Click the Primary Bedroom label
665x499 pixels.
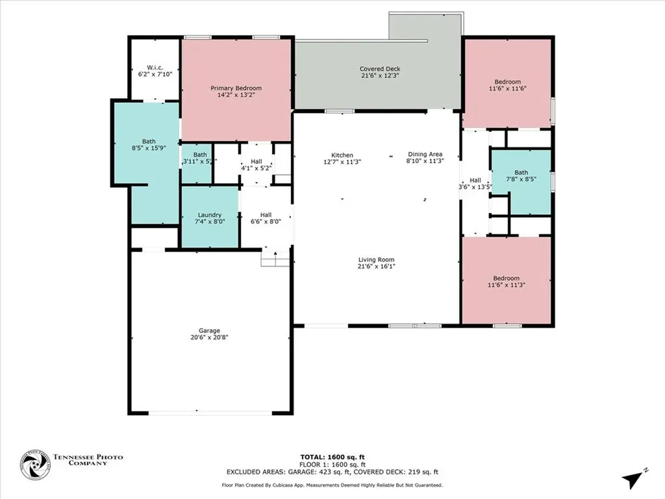236,88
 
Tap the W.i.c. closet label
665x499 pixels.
154,67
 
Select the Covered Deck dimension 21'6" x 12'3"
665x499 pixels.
380,76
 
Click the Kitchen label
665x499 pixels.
342,155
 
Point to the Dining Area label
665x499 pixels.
425,154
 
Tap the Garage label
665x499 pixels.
210,330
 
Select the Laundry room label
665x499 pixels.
210,214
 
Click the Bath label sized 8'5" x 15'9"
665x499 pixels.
149,141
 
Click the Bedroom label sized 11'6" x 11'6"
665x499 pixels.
507,81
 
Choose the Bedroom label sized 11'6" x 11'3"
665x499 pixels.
506,278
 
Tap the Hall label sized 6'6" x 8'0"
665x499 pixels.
266,214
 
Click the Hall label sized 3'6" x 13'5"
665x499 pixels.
475,180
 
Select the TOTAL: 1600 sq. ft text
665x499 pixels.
332,457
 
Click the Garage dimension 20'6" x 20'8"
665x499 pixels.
210,337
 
